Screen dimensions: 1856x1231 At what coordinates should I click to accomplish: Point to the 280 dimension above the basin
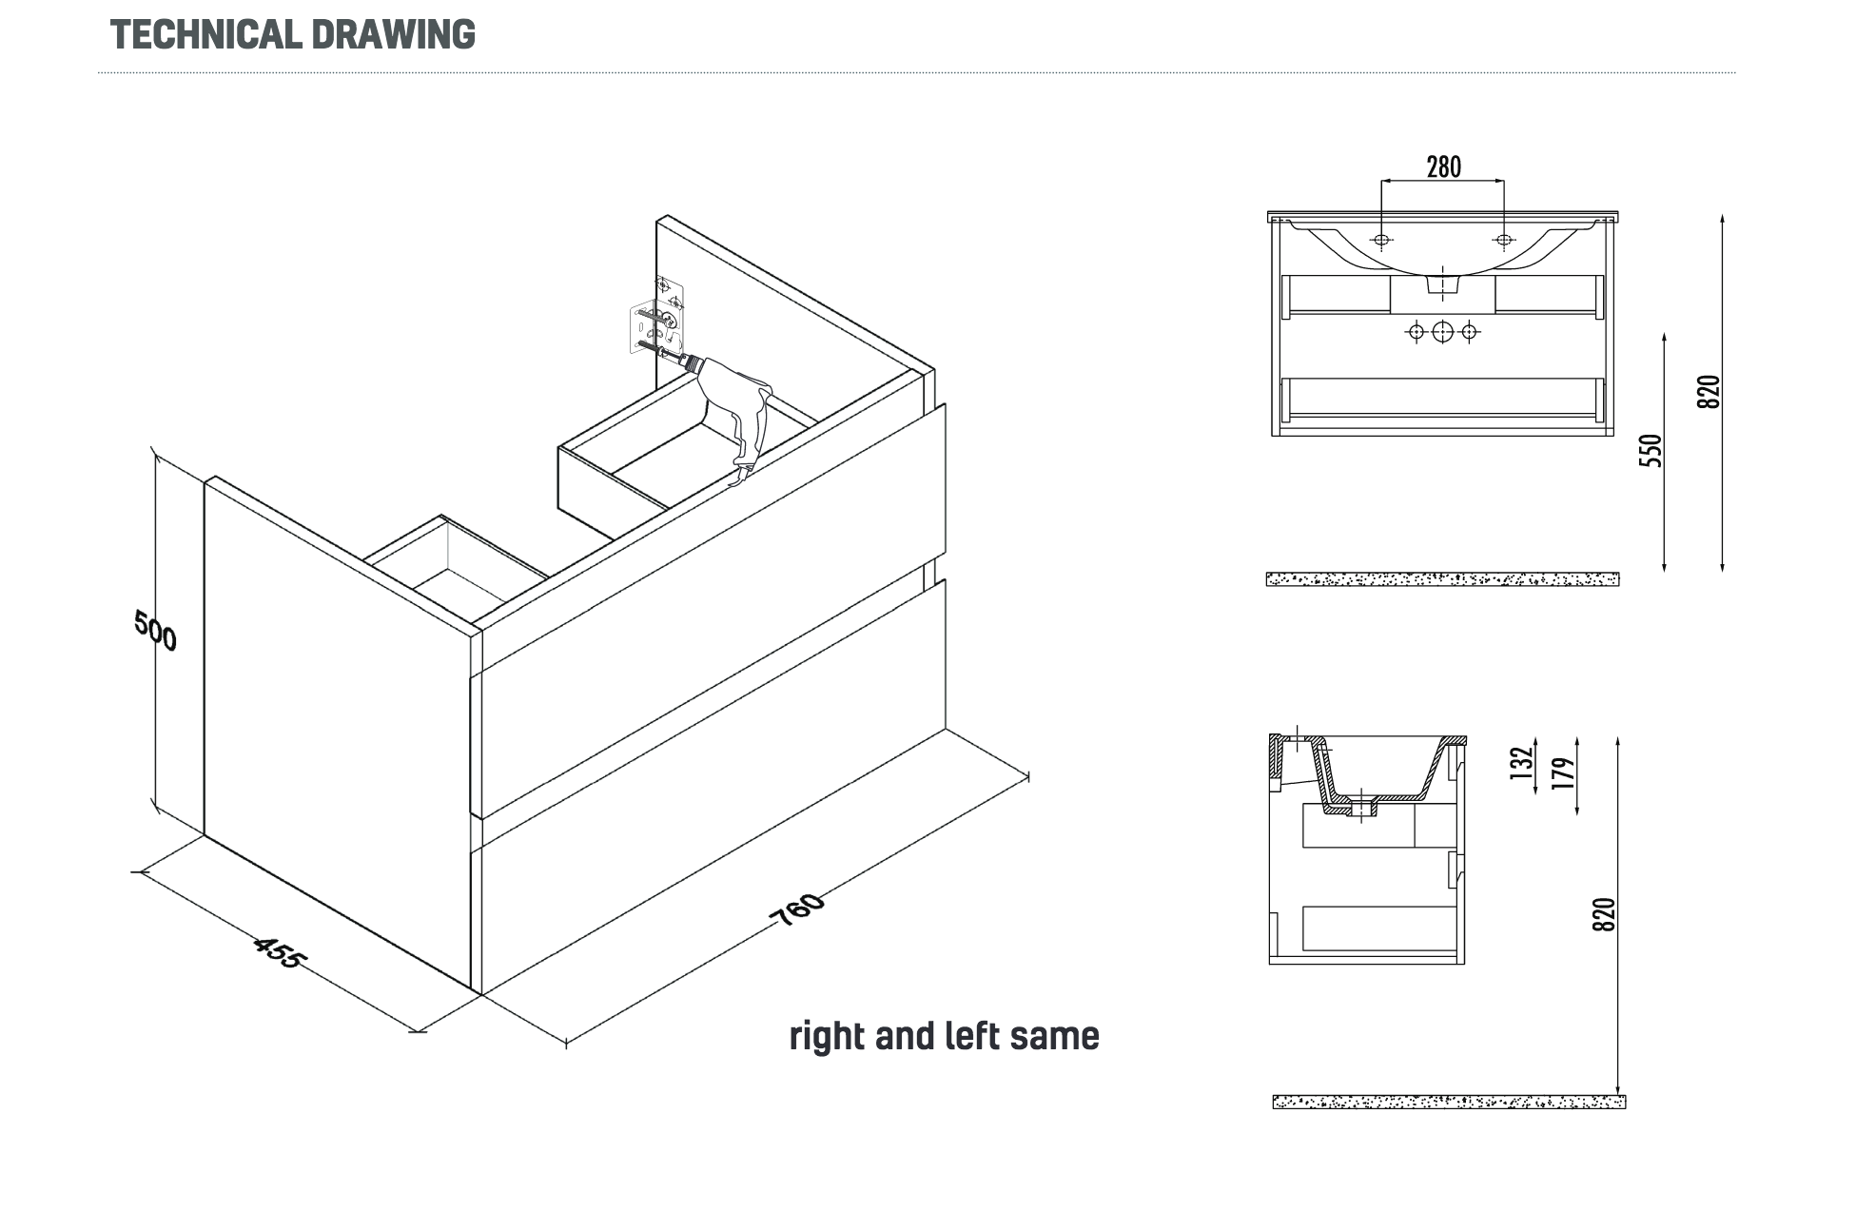1443,166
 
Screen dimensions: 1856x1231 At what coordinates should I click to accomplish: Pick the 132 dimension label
1522,763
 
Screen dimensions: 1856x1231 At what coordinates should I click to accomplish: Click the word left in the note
973,1035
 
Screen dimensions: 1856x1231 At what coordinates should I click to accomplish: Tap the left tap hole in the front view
1381,239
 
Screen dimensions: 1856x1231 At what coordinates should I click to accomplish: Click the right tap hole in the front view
1503,239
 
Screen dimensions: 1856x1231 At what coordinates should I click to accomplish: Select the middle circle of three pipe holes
1442,331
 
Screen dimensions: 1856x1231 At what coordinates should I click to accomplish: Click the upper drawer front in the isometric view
709,609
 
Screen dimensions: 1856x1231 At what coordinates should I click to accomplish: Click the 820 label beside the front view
1709,392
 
